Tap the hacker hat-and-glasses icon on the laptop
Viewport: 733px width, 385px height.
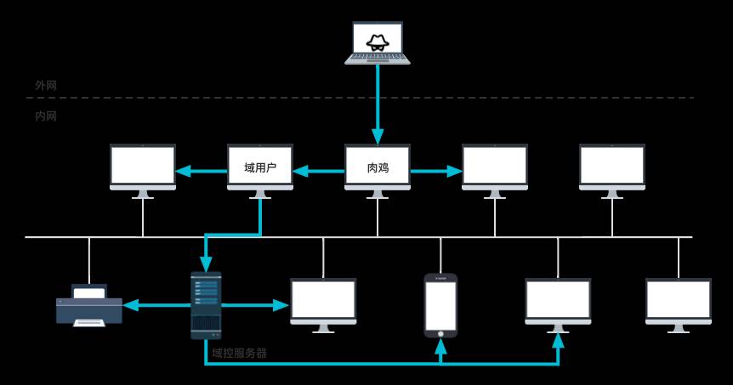click(377, 41)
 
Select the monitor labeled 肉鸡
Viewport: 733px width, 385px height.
click(378, 167)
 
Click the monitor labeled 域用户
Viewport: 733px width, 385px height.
click(260, 167)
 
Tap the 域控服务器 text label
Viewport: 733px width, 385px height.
click(239, 353)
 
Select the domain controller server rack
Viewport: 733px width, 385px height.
click(206, 305)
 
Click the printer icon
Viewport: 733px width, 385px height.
click(89, 305)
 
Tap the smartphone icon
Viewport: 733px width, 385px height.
click(440, 305)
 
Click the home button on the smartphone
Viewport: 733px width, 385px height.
click(440, 333)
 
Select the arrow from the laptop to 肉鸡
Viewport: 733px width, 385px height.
click(377, 102)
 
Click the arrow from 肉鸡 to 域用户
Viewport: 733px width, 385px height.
click(318, 171)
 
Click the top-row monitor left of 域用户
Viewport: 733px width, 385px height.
click(143, 167)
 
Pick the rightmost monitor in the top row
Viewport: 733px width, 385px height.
click(612, 167)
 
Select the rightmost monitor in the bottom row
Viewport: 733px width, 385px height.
click(678, 302)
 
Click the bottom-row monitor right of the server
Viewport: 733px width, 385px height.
click(323, 302)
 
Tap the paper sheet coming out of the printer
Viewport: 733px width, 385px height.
click(89, 322)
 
